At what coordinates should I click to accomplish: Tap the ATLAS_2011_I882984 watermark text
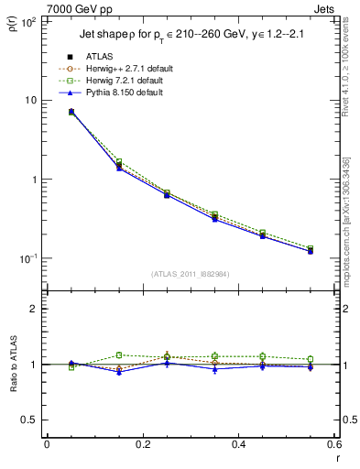[191, 273]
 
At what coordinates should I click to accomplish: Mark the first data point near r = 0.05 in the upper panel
[71, 112]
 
